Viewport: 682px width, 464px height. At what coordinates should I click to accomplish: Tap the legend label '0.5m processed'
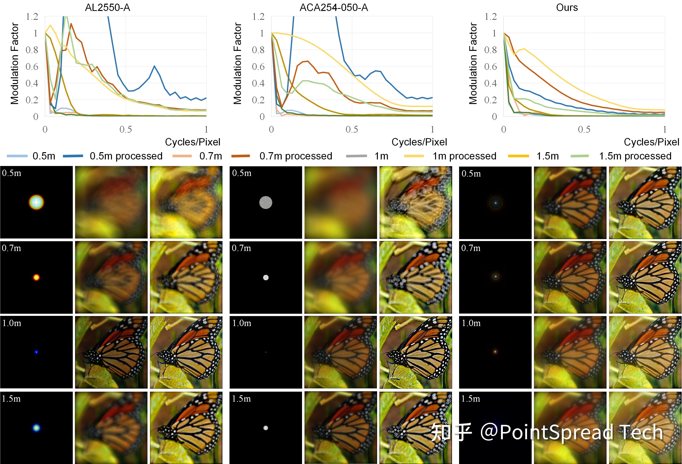point(126,156)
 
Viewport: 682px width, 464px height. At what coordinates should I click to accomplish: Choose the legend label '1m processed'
point(464,156)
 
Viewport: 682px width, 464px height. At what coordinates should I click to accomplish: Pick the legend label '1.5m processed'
point(635,156)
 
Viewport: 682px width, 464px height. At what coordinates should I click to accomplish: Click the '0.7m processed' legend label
point(295,156)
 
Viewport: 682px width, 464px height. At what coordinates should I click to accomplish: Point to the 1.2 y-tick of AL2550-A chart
point(32,17)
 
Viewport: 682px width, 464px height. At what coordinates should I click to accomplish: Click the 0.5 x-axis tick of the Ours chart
point(584,129)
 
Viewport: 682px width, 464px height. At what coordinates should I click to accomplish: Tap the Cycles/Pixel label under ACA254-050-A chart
point(419,142)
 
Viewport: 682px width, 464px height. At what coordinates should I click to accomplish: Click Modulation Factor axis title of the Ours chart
point(473,63)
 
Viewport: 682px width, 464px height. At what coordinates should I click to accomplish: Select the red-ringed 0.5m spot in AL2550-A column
point(36,202)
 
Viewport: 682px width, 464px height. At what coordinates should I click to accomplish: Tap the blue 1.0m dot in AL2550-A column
point(36,352)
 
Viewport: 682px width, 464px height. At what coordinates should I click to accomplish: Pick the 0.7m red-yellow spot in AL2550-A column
point(36,277)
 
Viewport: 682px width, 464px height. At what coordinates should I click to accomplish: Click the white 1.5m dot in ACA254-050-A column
point(266,428)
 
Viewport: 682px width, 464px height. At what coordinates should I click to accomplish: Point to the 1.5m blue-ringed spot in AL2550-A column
point(36,428)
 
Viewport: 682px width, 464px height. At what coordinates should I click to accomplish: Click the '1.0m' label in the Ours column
point(471,323)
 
